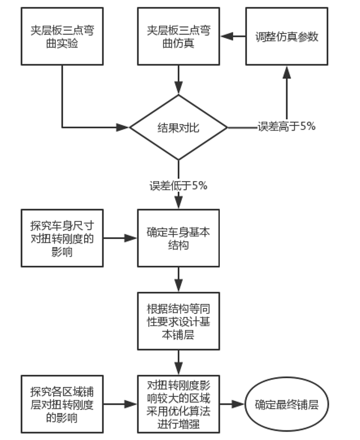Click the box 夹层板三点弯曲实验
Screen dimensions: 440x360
pos(62,36)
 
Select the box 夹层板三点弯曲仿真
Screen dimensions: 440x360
pos(179,36)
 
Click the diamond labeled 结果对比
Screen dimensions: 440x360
pos(179,128)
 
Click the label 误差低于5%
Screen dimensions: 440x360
pos(179,186)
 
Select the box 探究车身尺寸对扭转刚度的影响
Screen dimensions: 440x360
pos(62,238)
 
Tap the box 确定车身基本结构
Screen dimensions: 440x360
pos(179,238)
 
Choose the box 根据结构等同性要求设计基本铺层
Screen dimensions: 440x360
pos(179,321)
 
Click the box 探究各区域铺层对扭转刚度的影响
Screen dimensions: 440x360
pos(62,404)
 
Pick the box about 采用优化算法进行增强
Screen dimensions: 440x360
pos(179,404)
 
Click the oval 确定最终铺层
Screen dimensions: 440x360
pos(287,405)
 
